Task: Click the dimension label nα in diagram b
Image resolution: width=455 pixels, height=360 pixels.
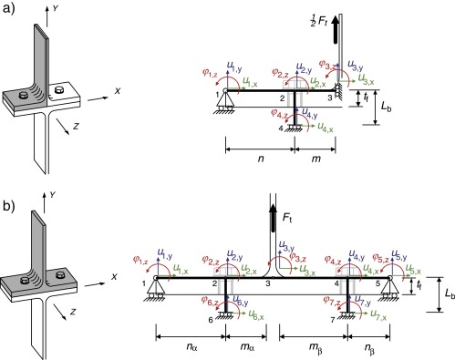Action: pyautogui.click(x=189, y=348)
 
